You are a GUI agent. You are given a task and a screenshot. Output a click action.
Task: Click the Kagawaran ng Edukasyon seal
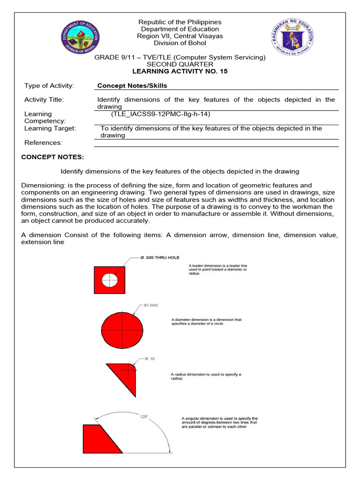coord(288,37)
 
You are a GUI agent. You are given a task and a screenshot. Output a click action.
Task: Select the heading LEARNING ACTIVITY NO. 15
coord(180,71)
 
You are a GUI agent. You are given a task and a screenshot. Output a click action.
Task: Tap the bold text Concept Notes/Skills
coord(132,86)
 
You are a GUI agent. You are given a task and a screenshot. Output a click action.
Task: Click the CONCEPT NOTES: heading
coord(52,157)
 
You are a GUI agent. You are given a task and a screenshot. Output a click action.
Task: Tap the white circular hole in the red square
coord(110,280)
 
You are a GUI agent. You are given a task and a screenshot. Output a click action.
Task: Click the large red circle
coord(123,328)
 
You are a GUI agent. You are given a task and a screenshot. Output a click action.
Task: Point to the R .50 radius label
coord(150,359)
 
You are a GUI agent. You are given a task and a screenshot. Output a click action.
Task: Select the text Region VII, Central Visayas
coord(180,36)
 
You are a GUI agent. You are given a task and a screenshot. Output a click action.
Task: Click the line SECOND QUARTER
coord(180,64)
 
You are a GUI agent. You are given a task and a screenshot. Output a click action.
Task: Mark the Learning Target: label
coord(50,128)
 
